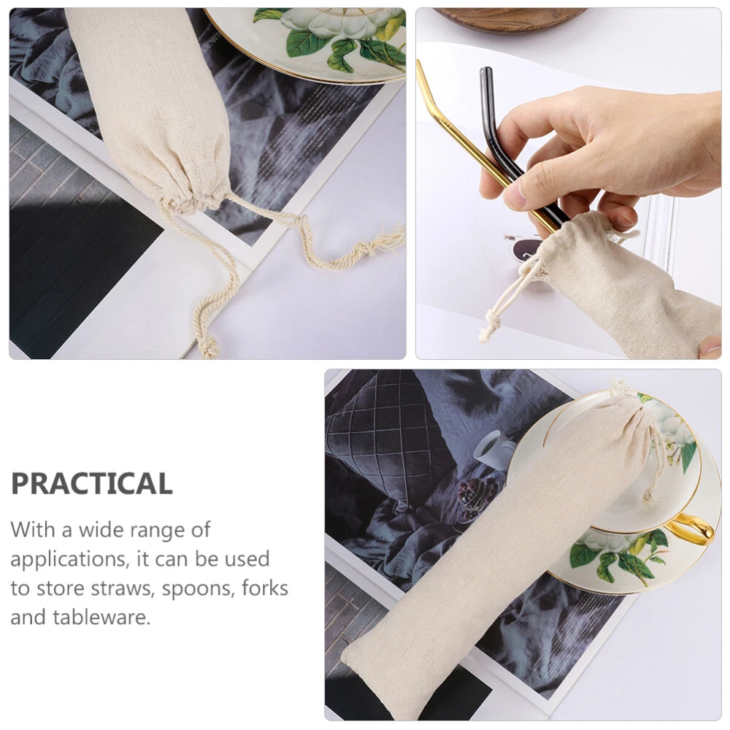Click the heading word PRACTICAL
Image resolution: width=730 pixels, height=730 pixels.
(92, 483)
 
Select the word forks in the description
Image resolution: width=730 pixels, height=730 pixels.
(265, 588)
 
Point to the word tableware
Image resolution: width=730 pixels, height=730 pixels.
(101, 618)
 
